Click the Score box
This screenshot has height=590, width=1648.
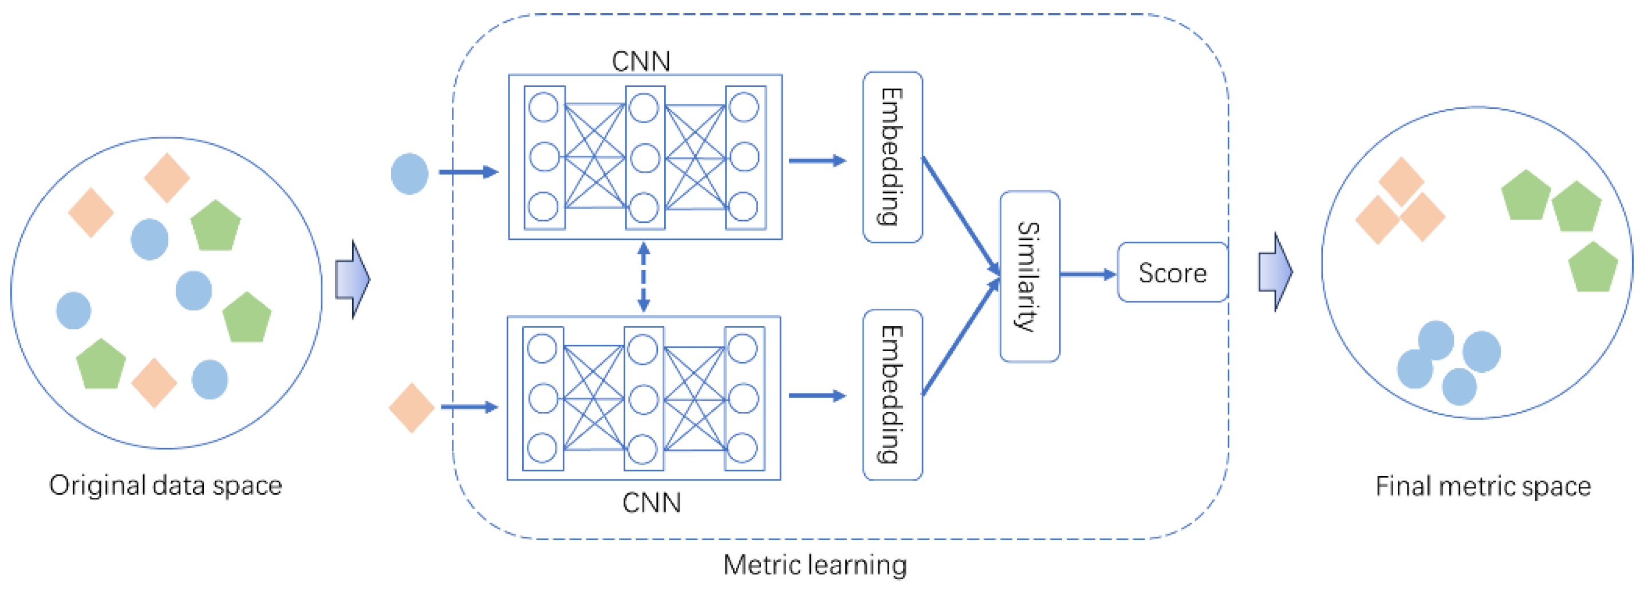tap(1172, 273)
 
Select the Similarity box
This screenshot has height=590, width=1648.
tap(1029, 277)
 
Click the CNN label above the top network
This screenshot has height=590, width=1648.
tap(640, 61)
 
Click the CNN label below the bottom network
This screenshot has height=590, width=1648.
tap(651, 503)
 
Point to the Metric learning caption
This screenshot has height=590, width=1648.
tap(814, 565)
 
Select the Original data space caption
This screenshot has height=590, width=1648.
tap(165, 486)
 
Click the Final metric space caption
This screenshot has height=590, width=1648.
tap(1483, 486)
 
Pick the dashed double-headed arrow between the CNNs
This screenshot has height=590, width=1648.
tap(644, 277)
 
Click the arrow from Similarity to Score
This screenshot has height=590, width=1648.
tap(1087, 274)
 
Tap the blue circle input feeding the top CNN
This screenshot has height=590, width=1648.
tap(409, 174)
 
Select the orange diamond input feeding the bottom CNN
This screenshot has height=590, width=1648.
tap(411, 408)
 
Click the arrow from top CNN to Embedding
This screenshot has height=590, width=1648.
tap(817, 160)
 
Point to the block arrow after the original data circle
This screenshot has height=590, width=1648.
tap(353, 279)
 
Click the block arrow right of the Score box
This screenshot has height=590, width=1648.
tap(1275, 272)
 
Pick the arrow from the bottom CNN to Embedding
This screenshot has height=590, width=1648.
tap(817, 395)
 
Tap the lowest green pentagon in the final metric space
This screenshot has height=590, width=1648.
tap(1592, 268)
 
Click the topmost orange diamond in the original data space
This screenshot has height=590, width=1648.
tap(167, 177)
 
